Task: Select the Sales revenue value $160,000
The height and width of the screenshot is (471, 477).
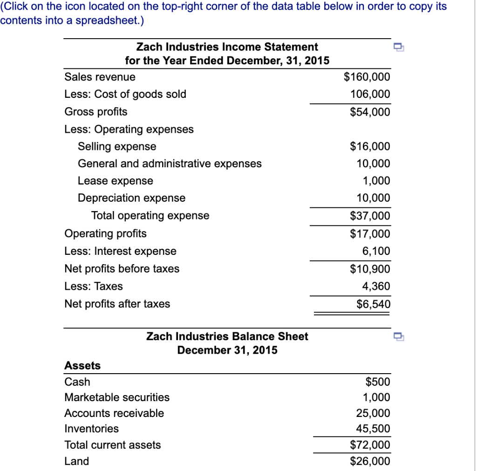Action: (367, 77)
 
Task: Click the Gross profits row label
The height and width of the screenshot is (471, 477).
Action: (95, 112)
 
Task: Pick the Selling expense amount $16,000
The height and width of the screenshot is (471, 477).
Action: (370, 147)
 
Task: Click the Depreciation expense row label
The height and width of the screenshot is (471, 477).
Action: (131, 198)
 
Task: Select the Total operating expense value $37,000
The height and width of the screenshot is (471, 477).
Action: (370, 216)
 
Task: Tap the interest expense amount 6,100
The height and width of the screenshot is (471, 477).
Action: (376, 251)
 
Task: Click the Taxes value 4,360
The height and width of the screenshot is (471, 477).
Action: (376, 286)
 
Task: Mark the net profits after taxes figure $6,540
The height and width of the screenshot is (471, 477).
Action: (373, 304)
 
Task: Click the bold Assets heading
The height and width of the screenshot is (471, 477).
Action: (82, 366)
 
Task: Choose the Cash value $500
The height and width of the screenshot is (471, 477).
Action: (378, 382)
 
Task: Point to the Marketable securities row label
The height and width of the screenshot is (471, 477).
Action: (117, 397)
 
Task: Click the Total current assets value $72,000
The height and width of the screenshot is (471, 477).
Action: (370, 445)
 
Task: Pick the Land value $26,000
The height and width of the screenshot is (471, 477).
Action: (370, 461)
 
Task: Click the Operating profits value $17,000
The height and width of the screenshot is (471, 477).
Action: (370, 233)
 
